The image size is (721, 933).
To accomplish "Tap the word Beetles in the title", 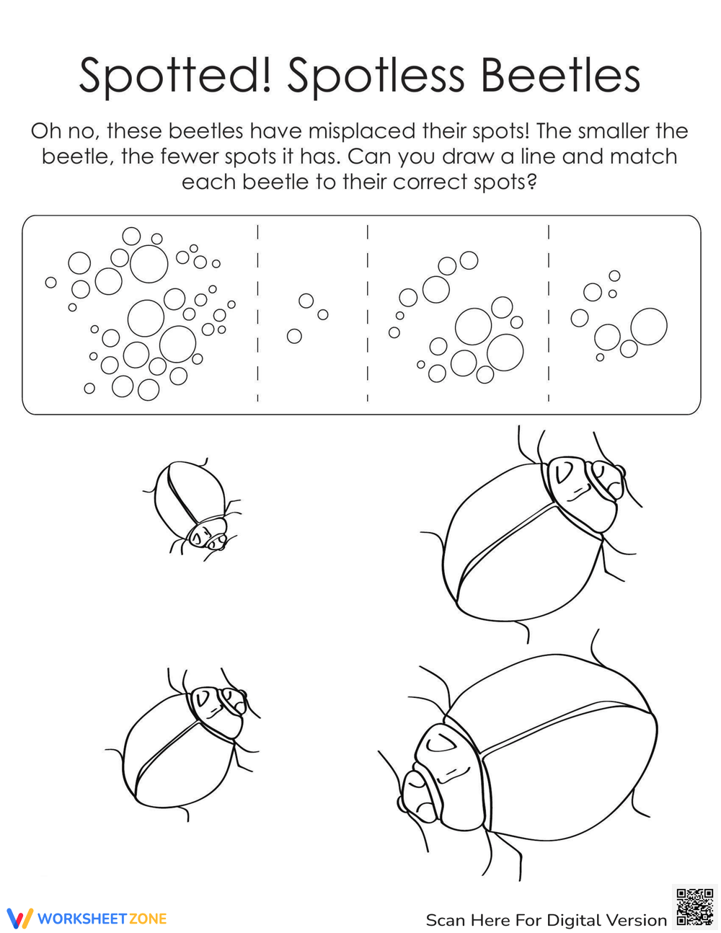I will pyautogui.click(x=560, y=74).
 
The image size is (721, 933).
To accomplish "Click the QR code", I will pyautogui.click(x=694, y=907).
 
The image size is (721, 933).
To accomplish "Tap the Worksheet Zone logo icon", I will pyautogui.click(x=19, y=918).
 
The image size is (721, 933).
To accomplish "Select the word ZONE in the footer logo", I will pyautogui.click(x=148, y=919).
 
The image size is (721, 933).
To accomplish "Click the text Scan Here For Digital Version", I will pyautogui.click(x=546, y=920).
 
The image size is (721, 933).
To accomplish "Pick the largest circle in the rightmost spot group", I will pyautogui.click(x=648, y=327).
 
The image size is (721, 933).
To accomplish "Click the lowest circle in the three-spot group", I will pyautogui.click(x=294, y=336).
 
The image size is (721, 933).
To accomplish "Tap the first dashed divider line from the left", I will pyautogui.click(x=257, y=314).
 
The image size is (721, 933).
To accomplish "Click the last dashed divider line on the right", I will pyautogui.click(x=549, y=314).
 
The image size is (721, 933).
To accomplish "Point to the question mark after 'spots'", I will pyautogui.click(x=532, y=182).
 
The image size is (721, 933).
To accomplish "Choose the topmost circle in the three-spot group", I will pyautogui.click(x=306, y=301).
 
